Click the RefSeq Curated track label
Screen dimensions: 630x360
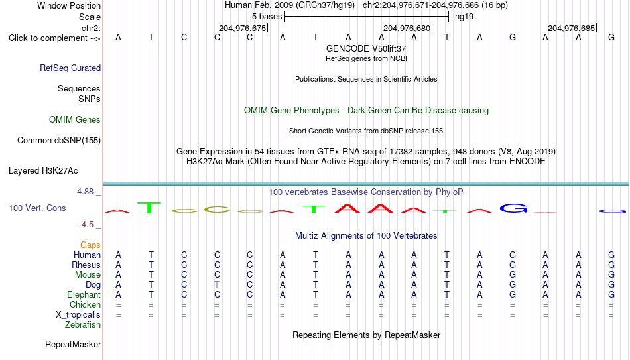(70, 68)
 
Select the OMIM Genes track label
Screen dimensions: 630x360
(75, 120)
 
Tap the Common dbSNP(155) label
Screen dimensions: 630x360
(59, 141)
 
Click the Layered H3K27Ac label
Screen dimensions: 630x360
(43, 171)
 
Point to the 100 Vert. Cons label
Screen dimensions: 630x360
(37, 208)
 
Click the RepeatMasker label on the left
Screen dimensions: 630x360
(73, 344)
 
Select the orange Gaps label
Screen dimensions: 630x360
(90, 245)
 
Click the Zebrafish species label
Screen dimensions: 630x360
(83, 324)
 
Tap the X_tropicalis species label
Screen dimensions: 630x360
(78, 315)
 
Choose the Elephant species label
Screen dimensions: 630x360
(84, 294)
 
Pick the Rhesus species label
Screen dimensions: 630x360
(86, 265)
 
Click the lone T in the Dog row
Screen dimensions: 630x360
(217, 284)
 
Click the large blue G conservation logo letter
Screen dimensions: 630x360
(513, 208)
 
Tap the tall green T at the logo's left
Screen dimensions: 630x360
(149, 208)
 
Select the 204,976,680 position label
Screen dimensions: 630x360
(407, 28)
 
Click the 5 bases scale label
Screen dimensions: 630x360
(267, 17)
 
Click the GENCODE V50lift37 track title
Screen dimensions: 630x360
(366, 48)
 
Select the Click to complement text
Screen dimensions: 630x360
(48, 38)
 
